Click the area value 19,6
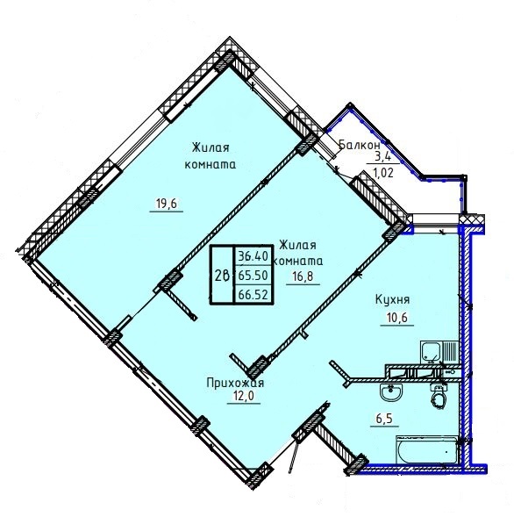166,203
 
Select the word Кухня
392,300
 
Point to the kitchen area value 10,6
396,318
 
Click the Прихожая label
235,383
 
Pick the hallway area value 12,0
244,396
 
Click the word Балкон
360,145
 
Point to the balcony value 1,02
383,173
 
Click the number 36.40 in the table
253,256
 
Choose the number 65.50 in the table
253,276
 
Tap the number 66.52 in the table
253,294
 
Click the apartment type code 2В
221,276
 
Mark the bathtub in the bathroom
426,449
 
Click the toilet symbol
439,396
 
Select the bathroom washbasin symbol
391,391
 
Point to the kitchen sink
431,352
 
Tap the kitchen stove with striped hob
451,352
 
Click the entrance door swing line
293,456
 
